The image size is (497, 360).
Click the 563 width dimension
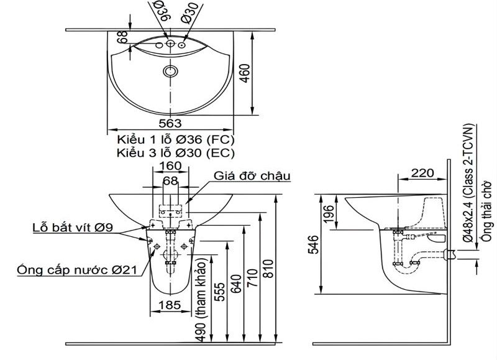[x=170, y=123]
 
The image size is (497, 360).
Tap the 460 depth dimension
[x=245, y=73]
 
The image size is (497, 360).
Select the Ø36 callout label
[x=163, y=11]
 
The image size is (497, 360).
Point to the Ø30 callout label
[x=190, y=12]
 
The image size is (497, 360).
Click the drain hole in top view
[x=170, y=71]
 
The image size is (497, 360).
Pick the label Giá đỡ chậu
[x=252, y=176]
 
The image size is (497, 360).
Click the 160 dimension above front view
[x=170, y=166]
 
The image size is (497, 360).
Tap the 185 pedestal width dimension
[x=170, y=305]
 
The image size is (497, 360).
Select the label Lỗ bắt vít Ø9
[x=73, y=227]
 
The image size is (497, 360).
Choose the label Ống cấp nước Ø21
[x=77, y=270]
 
